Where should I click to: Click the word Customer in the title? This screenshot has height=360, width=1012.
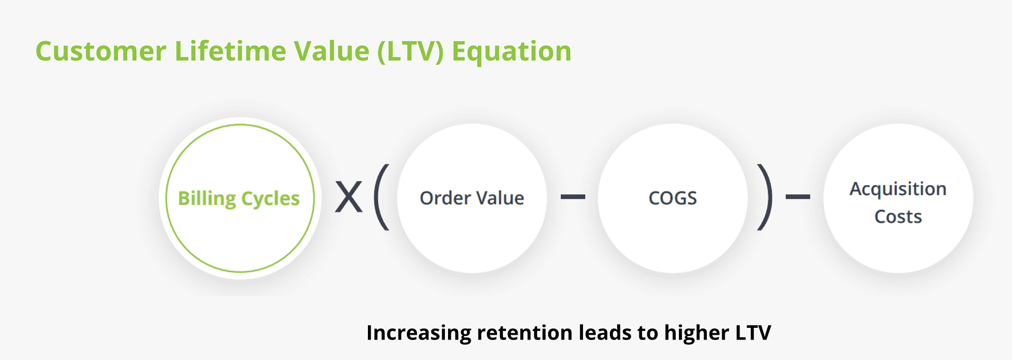pos(101,52)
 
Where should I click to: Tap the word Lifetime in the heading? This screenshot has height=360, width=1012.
pos(230,52)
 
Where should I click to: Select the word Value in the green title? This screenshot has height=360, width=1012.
pos(332,52)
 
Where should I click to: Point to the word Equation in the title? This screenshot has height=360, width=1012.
pos(512,52)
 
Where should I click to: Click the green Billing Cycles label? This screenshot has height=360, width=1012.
pos(239,199)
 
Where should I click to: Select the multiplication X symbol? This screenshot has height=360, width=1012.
pos(349,197)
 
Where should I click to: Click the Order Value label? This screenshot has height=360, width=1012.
pos(472,198)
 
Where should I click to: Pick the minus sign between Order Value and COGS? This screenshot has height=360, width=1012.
pos(573,197)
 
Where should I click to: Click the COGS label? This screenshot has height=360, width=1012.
pos(673,198)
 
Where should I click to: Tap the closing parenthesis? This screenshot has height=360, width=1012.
pos(765,197)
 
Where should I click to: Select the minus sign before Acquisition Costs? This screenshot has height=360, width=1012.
pos(798,197)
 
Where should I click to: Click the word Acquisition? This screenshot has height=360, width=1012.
pos(898,189)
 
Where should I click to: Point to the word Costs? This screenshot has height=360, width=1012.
pos(898,217)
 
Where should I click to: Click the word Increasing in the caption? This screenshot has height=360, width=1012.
pos(419,333)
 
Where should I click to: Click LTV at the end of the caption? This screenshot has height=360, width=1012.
pos(751,333)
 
